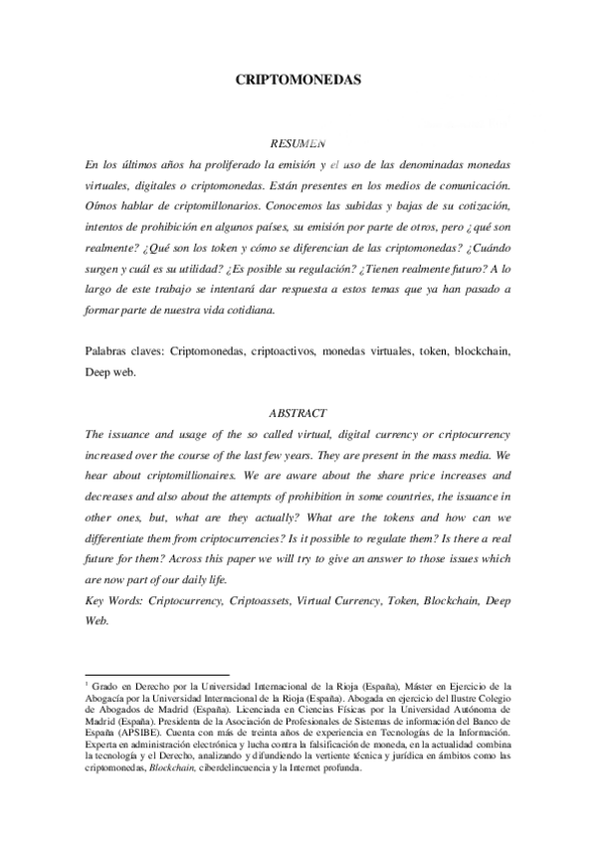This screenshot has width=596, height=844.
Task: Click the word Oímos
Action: (x=102, y=206)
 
